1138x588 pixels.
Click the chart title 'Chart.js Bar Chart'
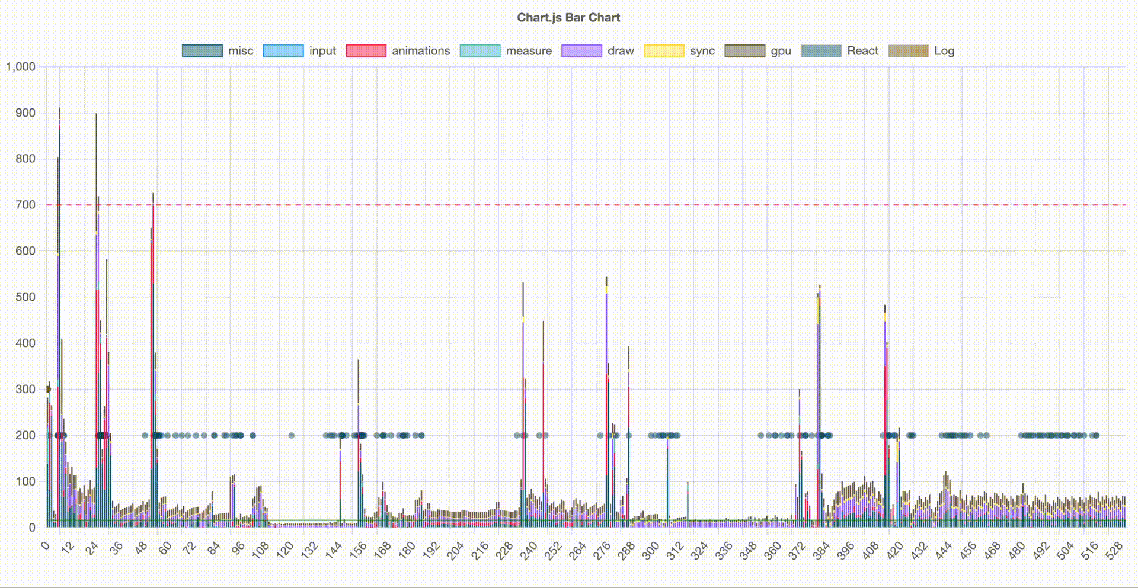568,18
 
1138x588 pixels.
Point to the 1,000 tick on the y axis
21,67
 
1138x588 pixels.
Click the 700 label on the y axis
25,205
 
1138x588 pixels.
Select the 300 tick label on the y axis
25,389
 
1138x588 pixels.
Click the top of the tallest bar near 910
59,109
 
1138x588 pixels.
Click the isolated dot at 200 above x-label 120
291,435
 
